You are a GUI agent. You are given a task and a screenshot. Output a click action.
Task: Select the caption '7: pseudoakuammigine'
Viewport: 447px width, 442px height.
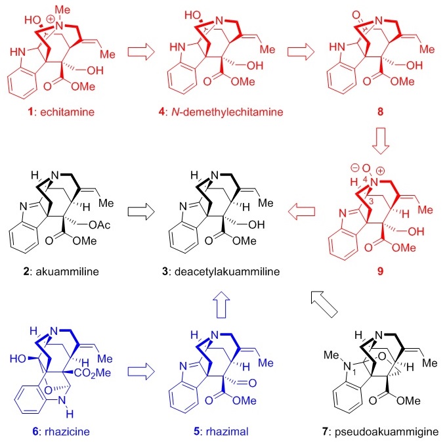pos(371,430)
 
